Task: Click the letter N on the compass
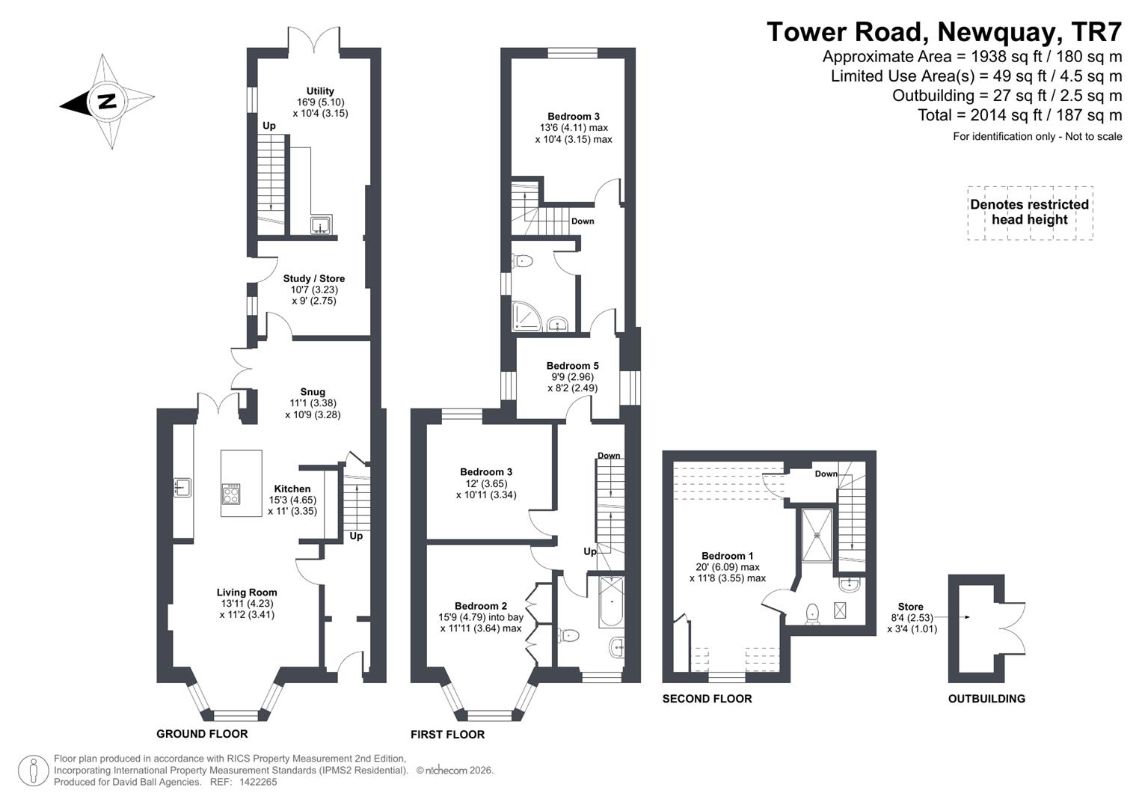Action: pos(107,101)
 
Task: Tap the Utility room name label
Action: pos(320,91)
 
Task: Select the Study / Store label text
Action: pos(313,278)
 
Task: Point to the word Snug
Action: pos(313,392)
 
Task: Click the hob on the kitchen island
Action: pos(231,494)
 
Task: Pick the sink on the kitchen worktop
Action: pos(182,488)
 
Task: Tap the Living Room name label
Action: pos(247,592)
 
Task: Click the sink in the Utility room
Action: pos(322,224)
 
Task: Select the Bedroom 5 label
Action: pos(572,366)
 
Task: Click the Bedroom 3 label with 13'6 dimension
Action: pos(574,116)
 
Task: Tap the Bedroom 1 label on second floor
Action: pos(727,556)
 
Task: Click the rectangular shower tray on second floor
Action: pos(817,535)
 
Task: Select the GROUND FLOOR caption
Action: pos(202,734)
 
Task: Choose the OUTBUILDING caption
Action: pos(986,699)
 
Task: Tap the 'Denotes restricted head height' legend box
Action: pos(1029,212)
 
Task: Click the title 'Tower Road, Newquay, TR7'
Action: pos(944,32)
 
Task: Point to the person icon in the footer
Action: pos(33,771)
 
